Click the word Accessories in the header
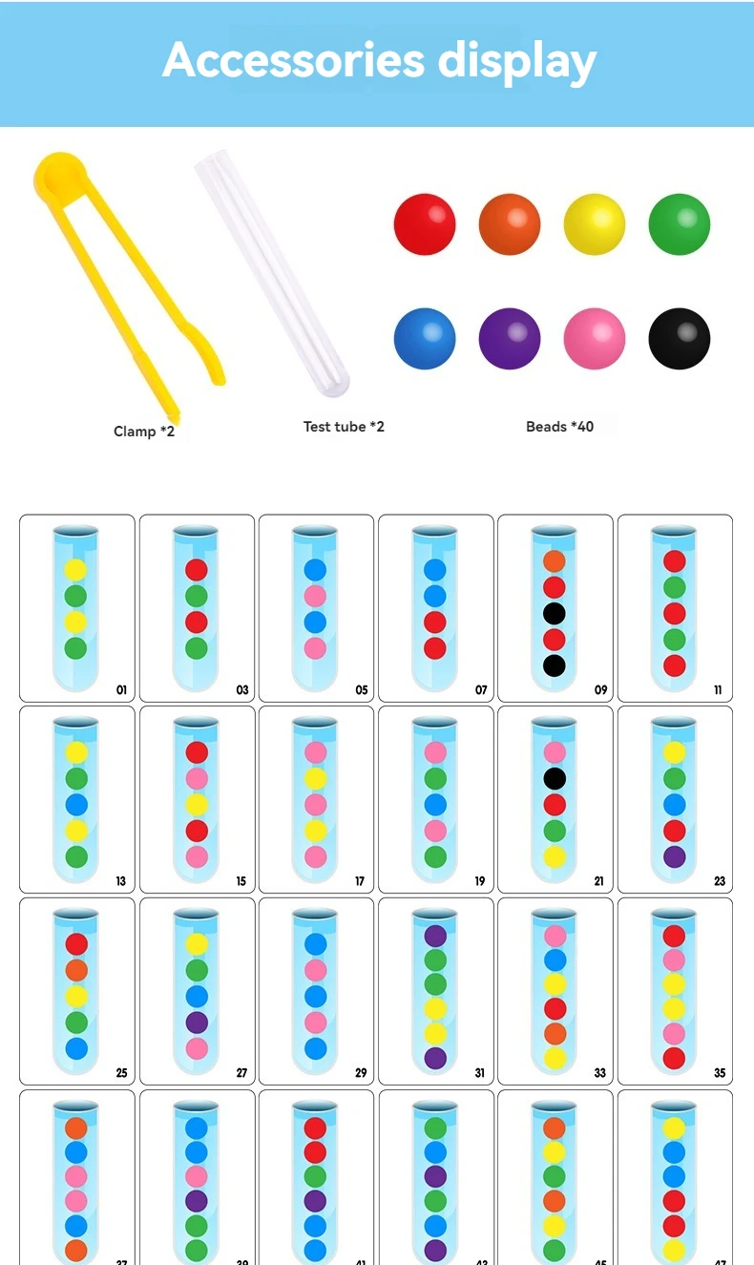click(x=293, y=61)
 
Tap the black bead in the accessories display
click(x=680, y=338)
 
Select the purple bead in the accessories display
click(x=510, y=338)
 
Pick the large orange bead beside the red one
click(x=510, y=224)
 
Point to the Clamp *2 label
click(x=144, y=432)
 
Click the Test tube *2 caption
click(x=344, y=427)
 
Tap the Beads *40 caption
click(x=559, y=427)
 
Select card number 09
click(x=555, y=608)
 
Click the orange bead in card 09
click(x=555, y=561)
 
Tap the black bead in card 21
click(x=555, y=778)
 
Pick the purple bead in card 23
click(x=675, y=856)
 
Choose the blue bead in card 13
click(x=76, y=804)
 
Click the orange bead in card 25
click(x=76, y=970)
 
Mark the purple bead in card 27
click(x=197, y=1023)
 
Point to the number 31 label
click(x=480, y=1073)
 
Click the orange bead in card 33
click(x=555, y=1033)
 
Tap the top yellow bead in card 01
click(x=76, y=570)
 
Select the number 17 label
click(x=360, y=881)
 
